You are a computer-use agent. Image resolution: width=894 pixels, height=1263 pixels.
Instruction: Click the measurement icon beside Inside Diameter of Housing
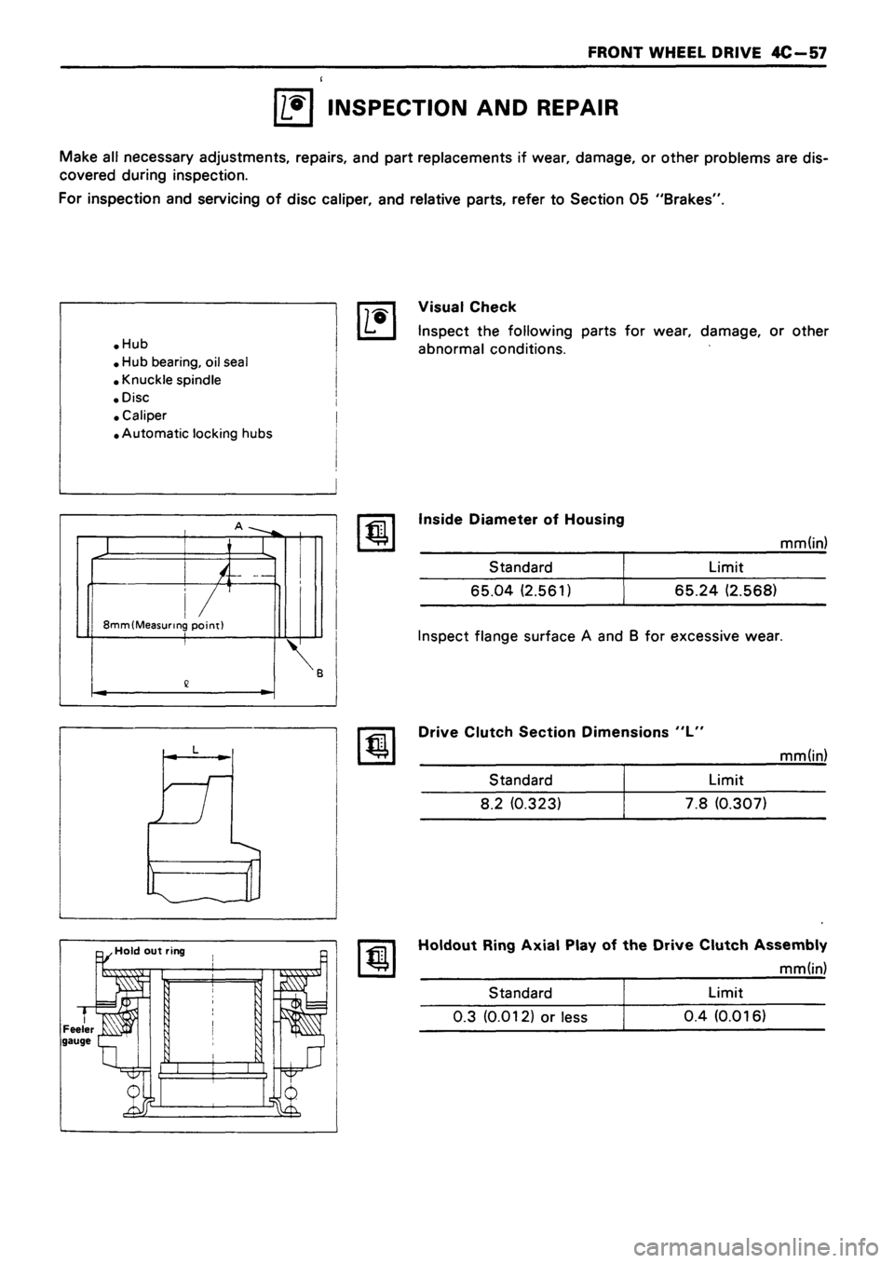coord(371,531)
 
